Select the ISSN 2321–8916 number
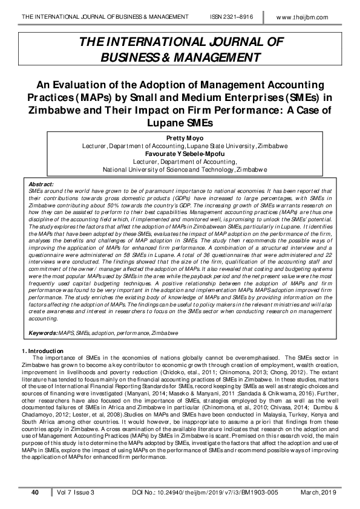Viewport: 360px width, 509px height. pyautogui.click(x=236, y=16)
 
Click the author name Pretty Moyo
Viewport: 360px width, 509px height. pyautogui.click(x=180, y=138)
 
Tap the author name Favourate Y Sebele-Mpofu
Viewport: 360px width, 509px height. pyautogui.click(x=180, y=154)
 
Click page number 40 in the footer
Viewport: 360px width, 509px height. pyautogui.click(x=35, y=493)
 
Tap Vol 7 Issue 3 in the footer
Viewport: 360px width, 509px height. pyautogui.click(x=75, y=493)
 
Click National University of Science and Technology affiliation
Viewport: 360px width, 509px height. pyautogui.click(x=163, y=170)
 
